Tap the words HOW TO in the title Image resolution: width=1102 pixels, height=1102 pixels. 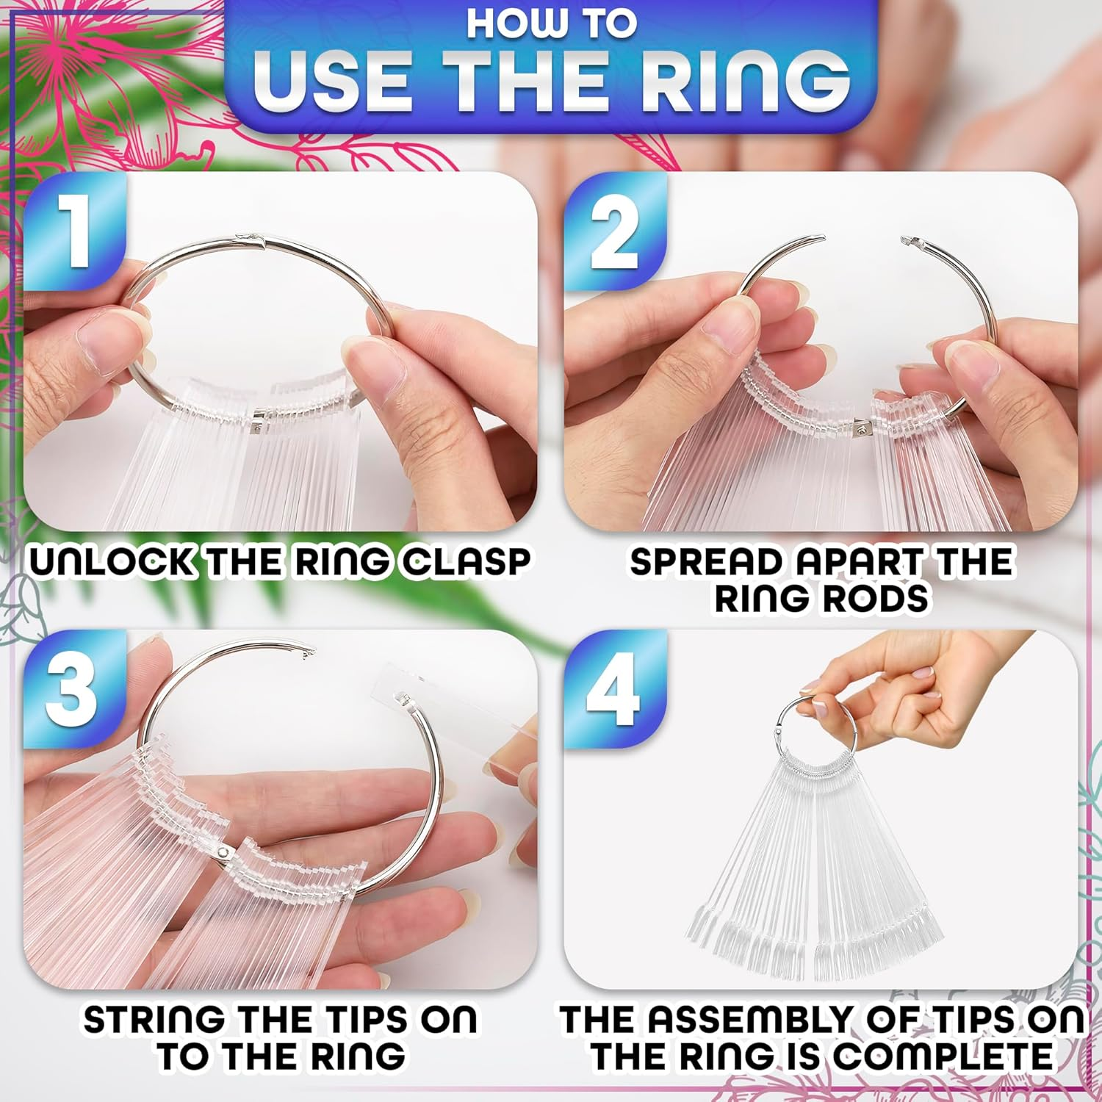click(x=551, y=24)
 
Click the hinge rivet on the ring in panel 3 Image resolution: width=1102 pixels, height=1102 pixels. click(x=223, y=851)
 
